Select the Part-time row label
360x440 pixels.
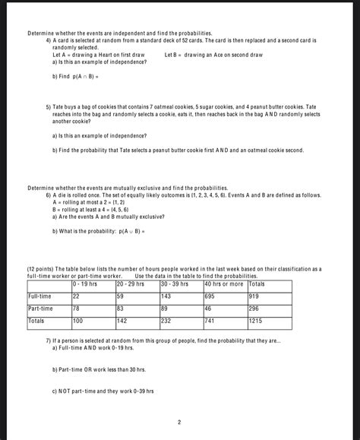40,309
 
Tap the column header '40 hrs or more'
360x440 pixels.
223,283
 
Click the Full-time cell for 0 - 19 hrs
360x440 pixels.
77,296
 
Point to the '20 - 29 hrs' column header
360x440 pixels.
130,283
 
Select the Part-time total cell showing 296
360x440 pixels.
254,309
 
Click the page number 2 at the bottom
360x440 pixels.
179,422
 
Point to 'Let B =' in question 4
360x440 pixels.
172,55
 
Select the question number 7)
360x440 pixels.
49,340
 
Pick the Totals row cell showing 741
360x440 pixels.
211,321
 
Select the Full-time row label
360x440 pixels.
39,296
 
